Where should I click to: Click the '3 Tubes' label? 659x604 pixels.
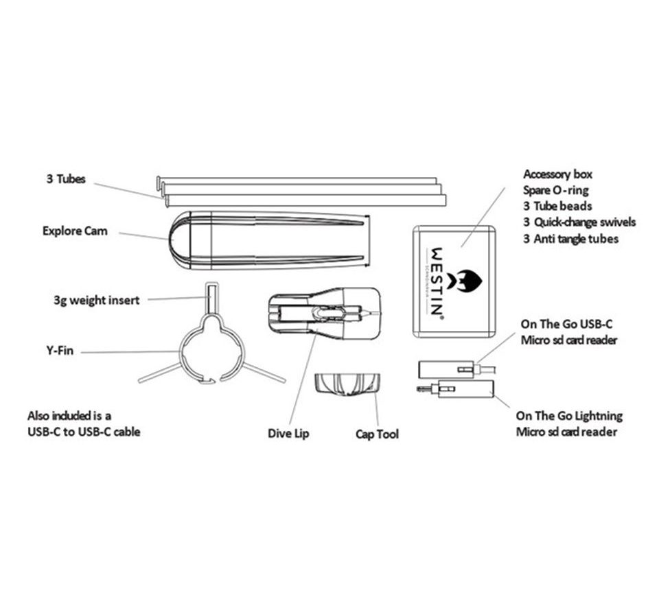click(x=66, y=179)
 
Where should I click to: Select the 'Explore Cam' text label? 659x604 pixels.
click(x=75, y=231)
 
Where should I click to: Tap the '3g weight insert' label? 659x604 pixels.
click(x=96, y=300)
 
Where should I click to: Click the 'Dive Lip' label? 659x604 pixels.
click(x=288, y=434)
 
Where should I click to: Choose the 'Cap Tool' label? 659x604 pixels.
click(x=377, y=434)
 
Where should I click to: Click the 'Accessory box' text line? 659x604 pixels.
click(x=557, y=174)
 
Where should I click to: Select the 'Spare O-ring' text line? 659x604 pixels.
click(x=556, y=190)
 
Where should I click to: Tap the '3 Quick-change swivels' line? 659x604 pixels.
click(x=579, y=222)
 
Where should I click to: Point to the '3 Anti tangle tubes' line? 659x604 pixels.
click(x=570, y=239)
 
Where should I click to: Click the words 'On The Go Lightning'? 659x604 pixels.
click(x=569, y=416)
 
